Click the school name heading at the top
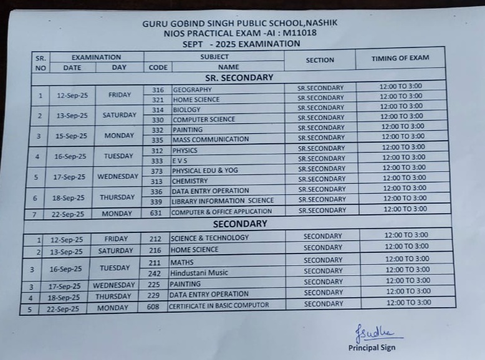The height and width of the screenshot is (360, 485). (x=239, y=23)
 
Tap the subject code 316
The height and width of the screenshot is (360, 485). (x=158, y=90)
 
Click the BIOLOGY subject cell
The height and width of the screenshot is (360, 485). (x=186, y=110)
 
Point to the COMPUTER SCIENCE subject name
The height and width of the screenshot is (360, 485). (x=204, y=120)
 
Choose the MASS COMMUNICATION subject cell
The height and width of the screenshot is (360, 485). (x=211, y=140)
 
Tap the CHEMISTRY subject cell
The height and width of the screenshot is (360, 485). (x=190, y=181)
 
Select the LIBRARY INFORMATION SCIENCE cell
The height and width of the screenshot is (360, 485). (x=223, y=201)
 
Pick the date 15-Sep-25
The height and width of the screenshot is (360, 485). (x=70, y=136)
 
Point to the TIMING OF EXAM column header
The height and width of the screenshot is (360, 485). (x=400, y=58)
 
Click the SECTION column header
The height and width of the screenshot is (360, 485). (x=320, y=60)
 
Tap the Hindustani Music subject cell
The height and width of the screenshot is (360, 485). (x=199, y=273)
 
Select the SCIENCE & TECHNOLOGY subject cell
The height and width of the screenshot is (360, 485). (x=209, y=237)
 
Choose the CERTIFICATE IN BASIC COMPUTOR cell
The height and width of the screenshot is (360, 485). (x=219, y=305)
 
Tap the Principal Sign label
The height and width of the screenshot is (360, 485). (x=372, y=348)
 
